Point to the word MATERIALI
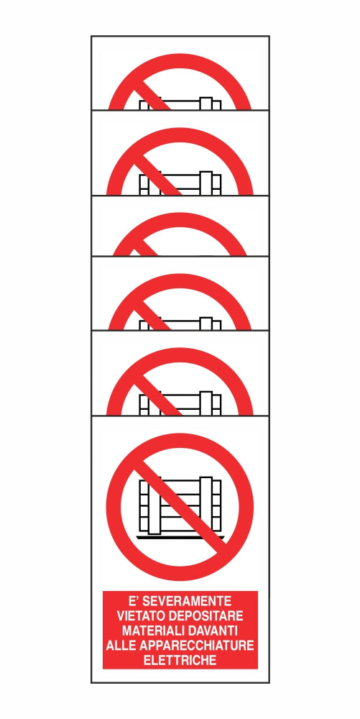(x=147, y=630)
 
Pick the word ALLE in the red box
(x=119, y=645)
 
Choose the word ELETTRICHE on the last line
(x=180, y=660)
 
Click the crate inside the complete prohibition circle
(x=180, y=508)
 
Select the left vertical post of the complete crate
(x=154, y=507)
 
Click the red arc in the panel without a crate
(x=180, y=220)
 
